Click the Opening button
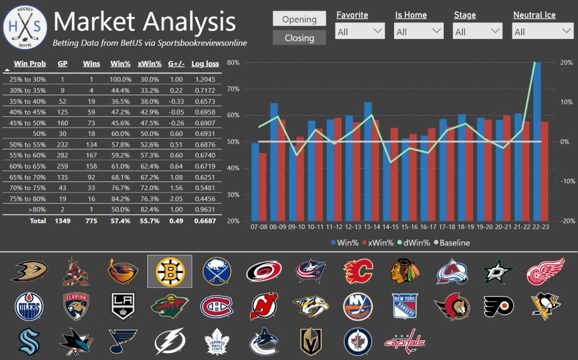click(299, 19)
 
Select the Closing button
click(299, 38)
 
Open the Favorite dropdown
click(360, 32)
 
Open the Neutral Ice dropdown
click(543, 32)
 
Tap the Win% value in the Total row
click(120, 221)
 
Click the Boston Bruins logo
click(169, 271)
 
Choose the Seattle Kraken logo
click(27, 340)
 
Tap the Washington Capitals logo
click(404, 341)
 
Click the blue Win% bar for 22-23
click(537, 141)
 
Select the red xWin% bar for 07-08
click(262, 186)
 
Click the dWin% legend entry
click(414, 243)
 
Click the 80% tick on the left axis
click(231, 63)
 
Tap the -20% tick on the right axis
click(565, 221)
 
